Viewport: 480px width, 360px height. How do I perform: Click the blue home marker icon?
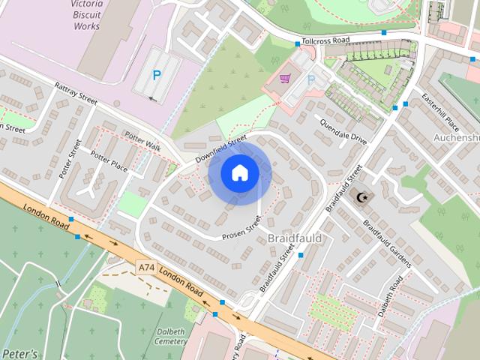(x=239, y=173)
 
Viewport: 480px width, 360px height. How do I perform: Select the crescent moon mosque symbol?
(x=362, y=197)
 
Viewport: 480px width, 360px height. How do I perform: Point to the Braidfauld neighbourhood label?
(x=295, y=238)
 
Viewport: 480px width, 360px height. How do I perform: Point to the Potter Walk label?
(x=142, y=141)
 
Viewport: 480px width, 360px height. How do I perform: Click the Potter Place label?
(x=109, y=159)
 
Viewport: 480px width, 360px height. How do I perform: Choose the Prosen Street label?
(x=241, y=229)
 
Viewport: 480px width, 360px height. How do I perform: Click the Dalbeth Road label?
(x=391, y=297)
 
